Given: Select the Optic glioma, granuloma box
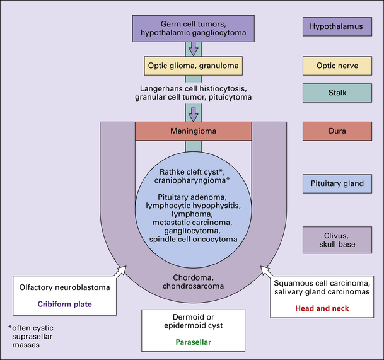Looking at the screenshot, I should pos(194,64).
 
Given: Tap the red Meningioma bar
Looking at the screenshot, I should pos(194,131).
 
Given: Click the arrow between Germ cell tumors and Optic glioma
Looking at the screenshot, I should pos(194,48).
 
